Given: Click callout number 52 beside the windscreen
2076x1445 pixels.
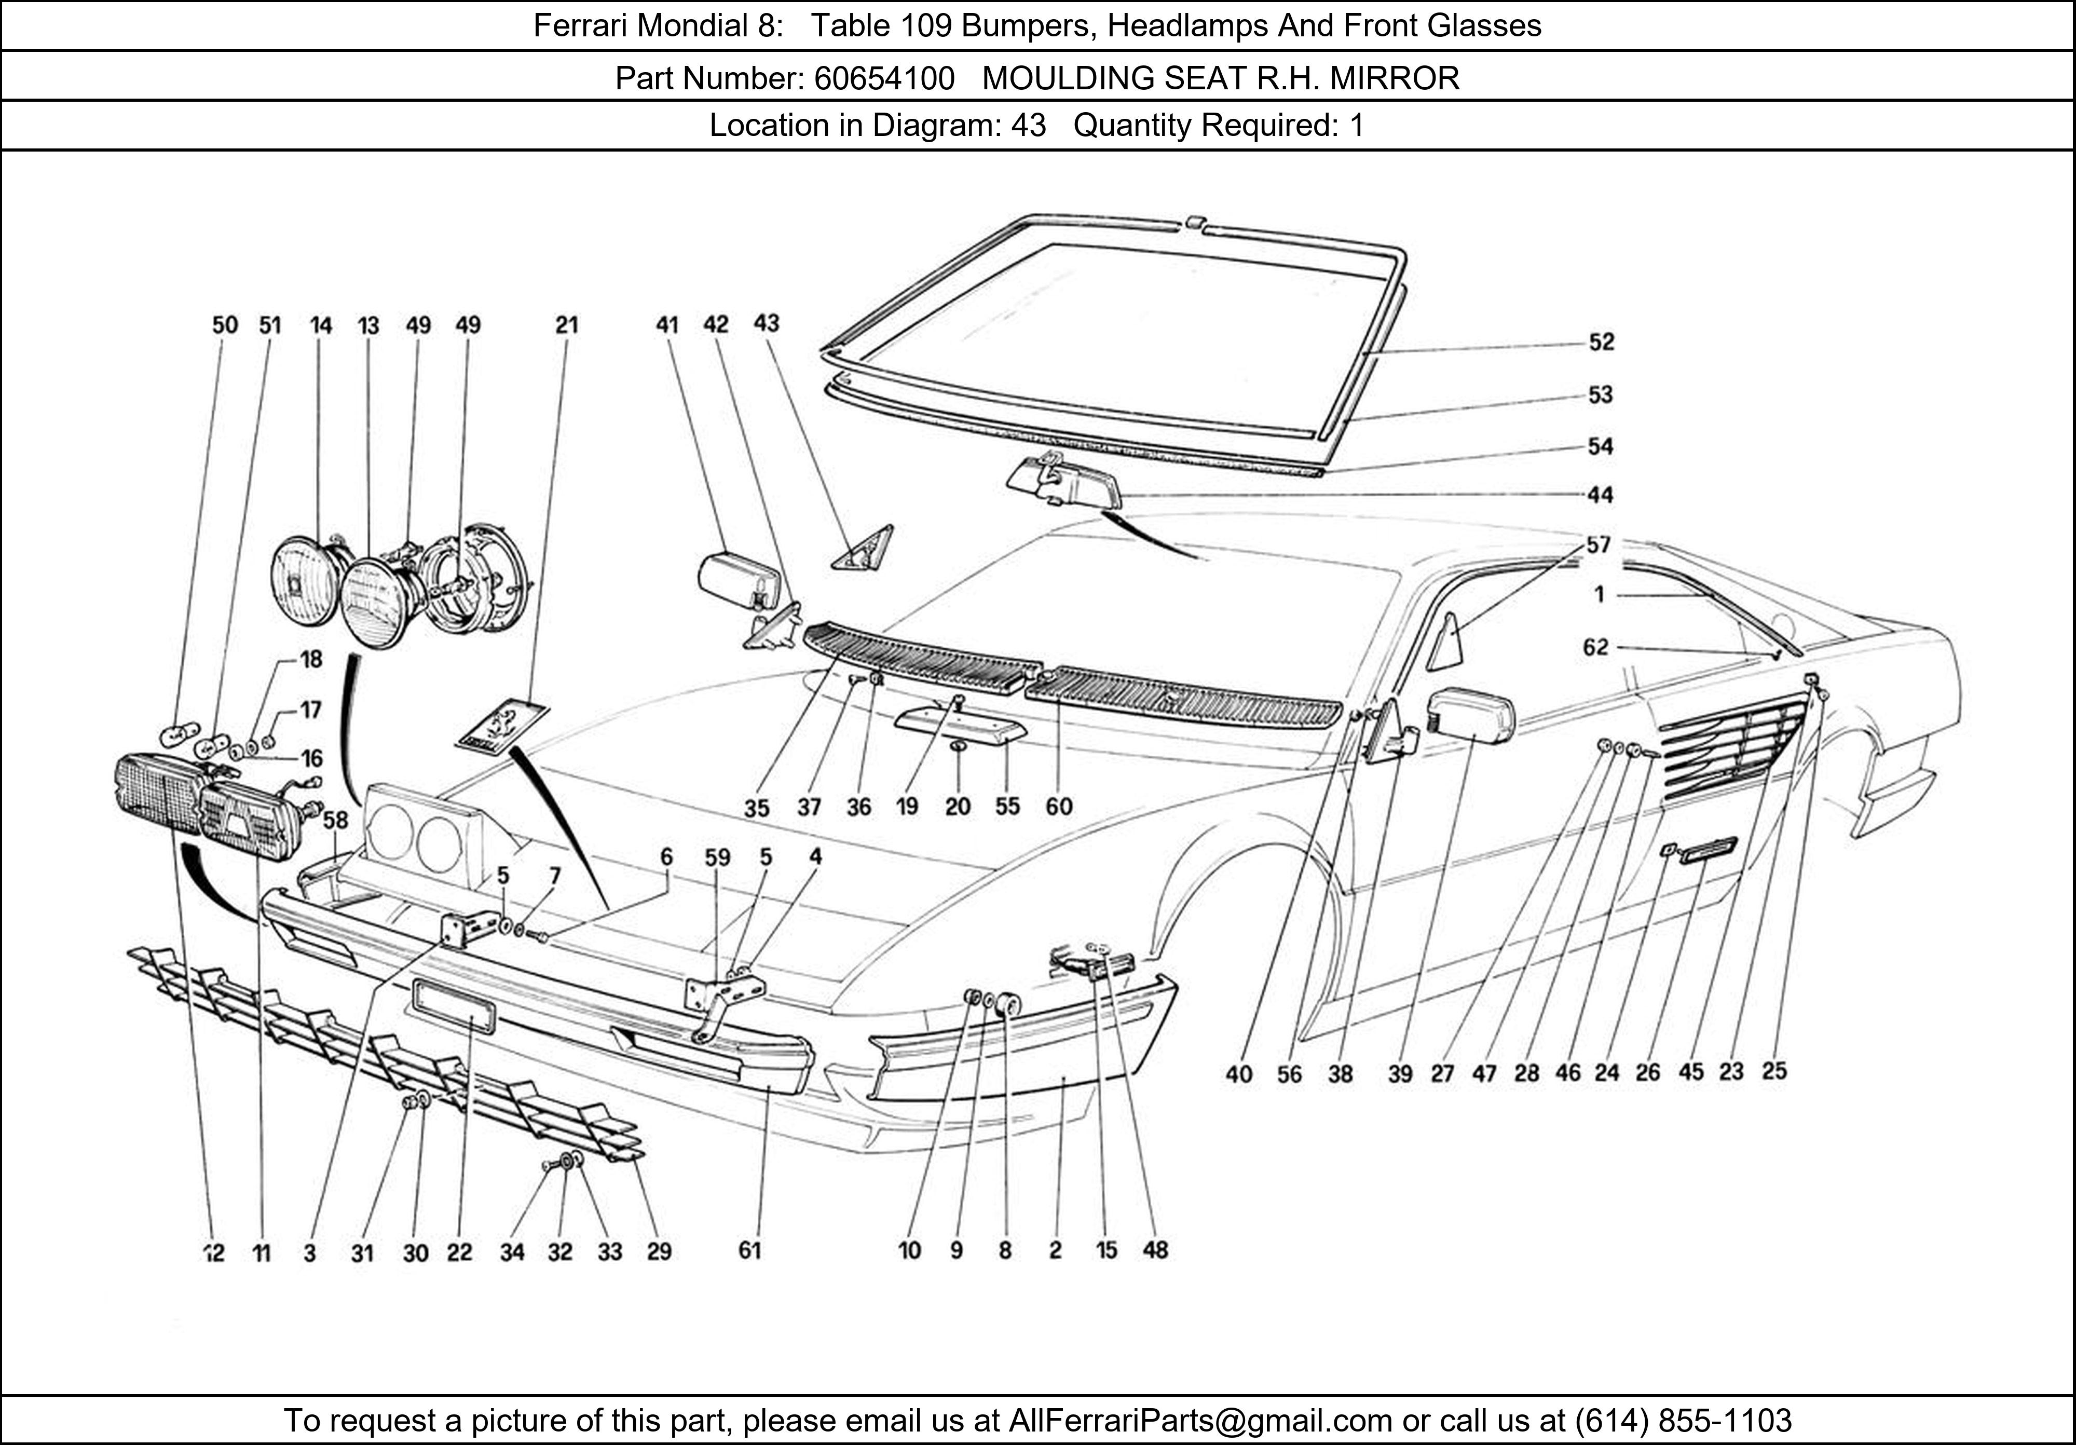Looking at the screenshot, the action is (x=1601, y=342).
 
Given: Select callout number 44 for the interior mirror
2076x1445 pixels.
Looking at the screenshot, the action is (x=1601, y=495).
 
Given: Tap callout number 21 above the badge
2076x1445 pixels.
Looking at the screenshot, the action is (x=566, y=324).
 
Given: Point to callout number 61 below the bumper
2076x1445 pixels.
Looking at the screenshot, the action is (x=749, y=1250).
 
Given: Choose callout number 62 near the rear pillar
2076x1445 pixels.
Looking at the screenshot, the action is (x=1596, y=647).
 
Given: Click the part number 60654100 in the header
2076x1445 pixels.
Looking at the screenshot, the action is (x=884, y=79).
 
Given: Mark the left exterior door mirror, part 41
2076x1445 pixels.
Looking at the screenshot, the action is (x=740, y=580).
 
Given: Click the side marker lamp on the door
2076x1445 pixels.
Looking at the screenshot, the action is (x=1707, y=850).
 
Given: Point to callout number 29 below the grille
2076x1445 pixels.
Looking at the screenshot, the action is (x=659, y=1251).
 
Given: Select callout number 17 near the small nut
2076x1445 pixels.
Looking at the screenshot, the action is (x=310, y=710).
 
